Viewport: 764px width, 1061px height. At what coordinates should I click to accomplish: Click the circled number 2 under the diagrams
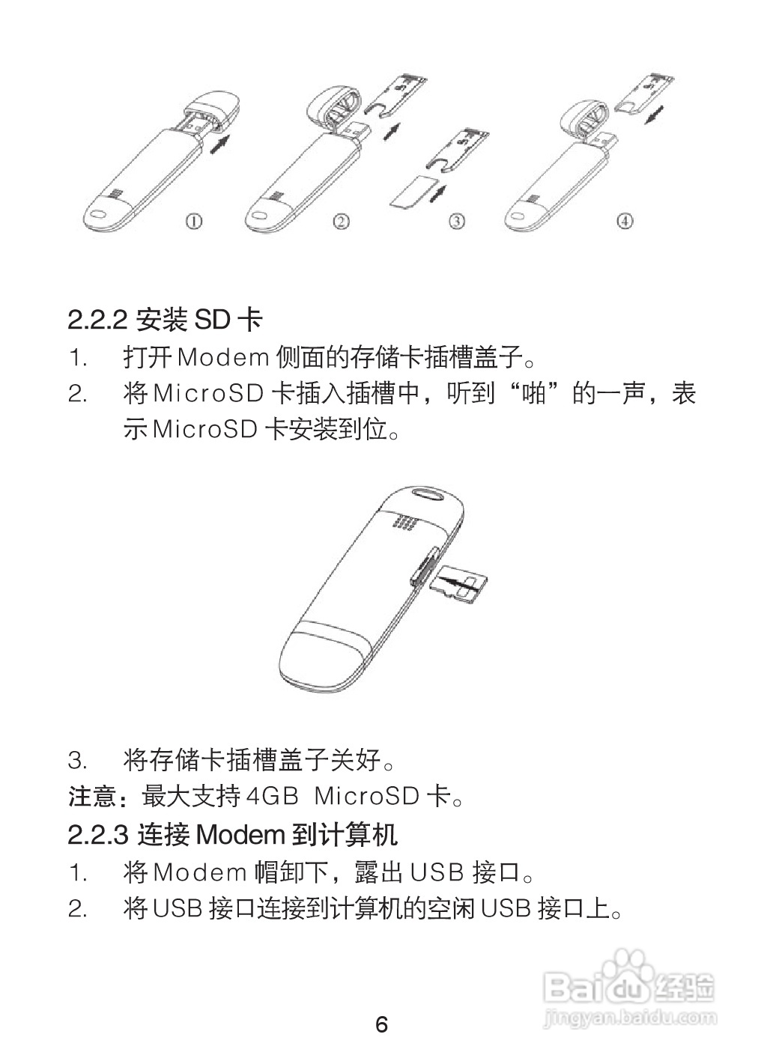pos(342,221)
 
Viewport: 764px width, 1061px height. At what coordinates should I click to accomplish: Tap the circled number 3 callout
pos(456,221)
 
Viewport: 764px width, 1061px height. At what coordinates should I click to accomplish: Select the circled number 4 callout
pos(625,221)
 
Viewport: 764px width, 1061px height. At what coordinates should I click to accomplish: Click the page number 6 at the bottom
pos(381,1024)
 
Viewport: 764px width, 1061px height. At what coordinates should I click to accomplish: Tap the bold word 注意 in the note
pos(92,796)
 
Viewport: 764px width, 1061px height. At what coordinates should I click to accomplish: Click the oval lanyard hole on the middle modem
pos(430,495)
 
